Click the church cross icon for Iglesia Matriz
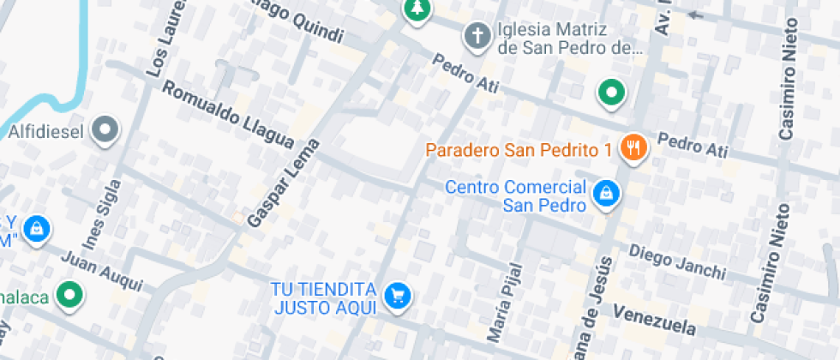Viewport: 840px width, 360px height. pos(476,36)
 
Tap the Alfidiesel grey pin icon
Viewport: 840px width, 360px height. pos(106,130)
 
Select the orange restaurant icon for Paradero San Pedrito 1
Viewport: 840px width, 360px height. pos(634,147)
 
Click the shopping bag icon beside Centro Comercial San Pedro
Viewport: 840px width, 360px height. pos(606,194)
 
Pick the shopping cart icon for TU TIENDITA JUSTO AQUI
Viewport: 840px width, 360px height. pos(398,296)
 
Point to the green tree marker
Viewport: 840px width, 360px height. pos(417,9)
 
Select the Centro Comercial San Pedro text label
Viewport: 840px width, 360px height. pos(516,195)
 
